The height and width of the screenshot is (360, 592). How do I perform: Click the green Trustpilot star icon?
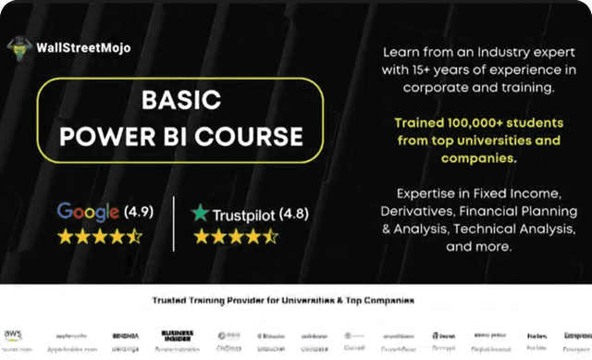pyautogui.click(x=199, y=214)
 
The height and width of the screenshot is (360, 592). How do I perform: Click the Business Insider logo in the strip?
pyautogui.click(x=173, y=334)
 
